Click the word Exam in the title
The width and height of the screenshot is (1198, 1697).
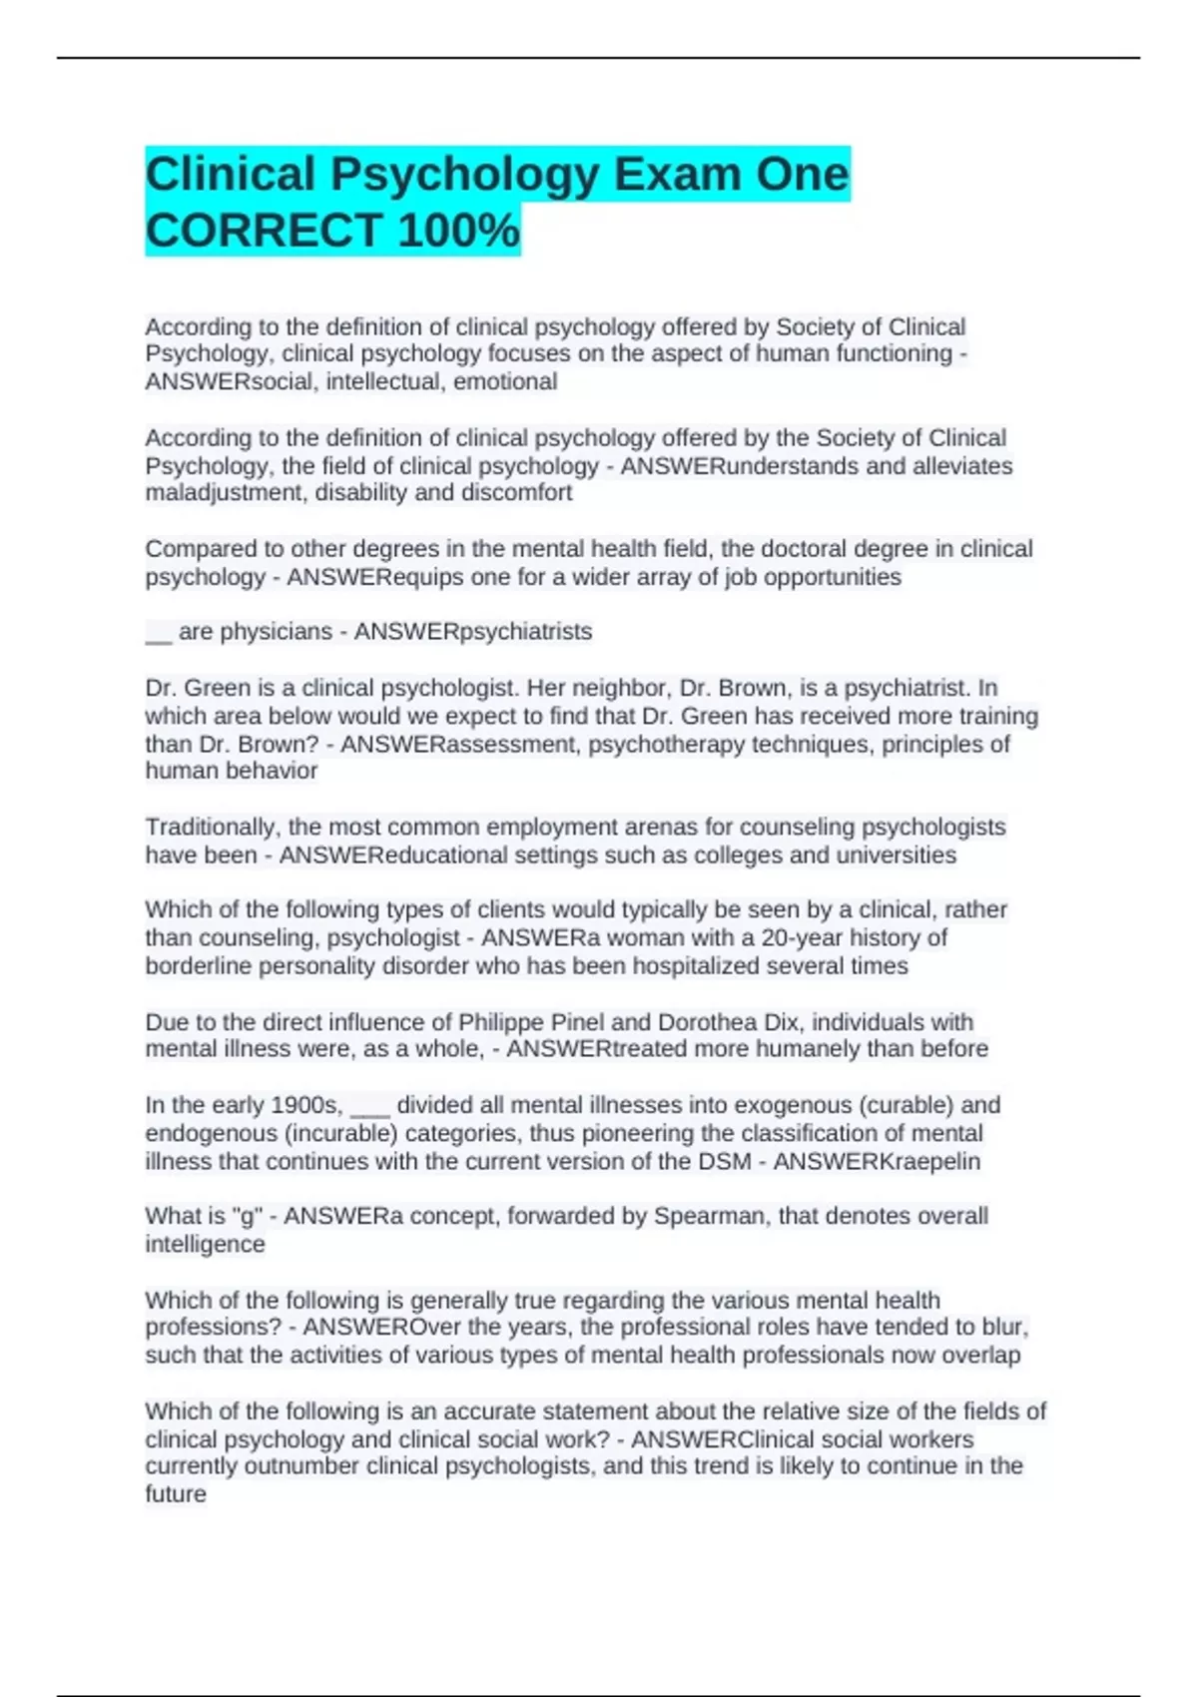pyautogui.click(x=676, y=175)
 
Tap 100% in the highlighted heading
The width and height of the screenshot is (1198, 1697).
pyautogui.click(x=458, y=231)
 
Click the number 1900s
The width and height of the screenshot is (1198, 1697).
pyautogui.click(x=306, y=1106)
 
